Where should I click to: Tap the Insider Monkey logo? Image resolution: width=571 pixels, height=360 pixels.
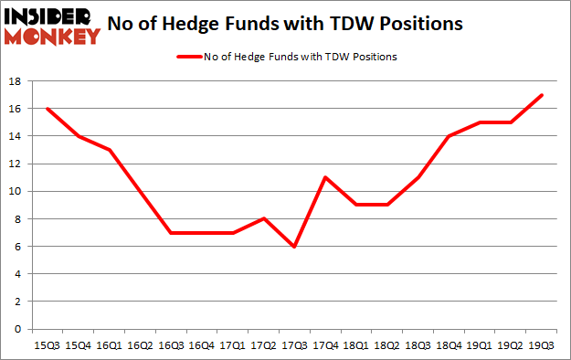pos(53,26)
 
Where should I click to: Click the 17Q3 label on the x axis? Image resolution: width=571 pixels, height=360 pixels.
pos(294,344)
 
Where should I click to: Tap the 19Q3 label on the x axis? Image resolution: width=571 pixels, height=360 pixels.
pos(542,344)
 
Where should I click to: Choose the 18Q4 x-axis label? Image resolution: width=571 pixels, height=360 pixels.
pos(449,344)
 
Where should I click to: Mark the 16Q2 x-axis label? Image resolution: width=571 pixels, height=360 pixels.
pos(139,344)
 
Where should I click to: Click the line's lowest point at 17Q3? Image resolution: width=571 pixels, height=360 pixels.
pos(294,246)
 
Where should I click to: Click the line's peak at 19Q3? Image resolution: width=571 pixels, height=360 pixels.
pos(542,95)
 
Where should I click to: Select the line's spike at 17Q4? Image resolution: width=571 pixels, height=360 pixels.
pos(325,177)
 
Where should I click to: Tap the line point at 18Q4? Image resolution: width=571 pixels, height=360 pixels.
pos(449,136)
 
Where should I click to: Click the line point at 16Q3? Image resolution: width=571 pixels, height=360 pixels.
pos(170,232)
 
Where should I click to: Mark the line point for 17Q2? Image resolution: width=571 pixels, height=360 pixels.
pos(263,218)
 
